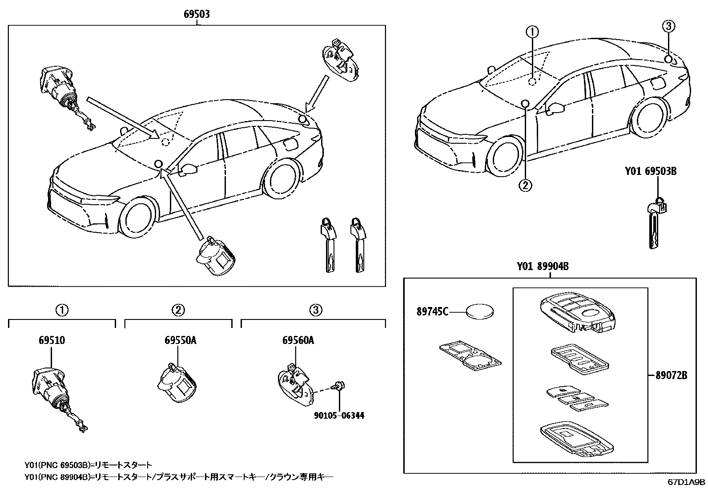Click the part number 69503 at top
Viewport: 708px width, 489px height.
coord(197,14)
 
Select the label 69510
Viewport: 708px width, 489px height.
coord(52,340)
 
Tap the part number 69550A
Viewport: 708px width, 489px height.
coord(180,340)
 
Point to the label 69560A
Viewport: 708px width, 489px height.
coord(298,340)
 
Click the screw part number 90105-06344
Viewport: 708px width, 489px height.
coord(339,416)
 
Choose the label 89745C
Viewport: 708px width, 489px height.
coord(432,311)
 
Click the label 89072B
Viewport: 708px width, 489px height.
coord(671,376)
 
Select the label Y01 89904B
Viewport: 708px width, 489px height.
coord(543,267)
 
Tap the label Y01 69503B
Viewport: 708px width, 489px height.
coord(650,171)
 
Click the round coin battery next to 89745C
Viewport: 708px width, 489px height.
coord(480,311)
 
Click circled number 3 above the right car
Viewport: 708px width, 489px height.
coord(668,27)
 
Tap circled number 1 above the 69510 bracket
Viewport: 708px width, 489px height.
coord(62,310)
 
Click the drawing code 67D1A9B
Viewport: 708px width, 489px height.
coord(685,481)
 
